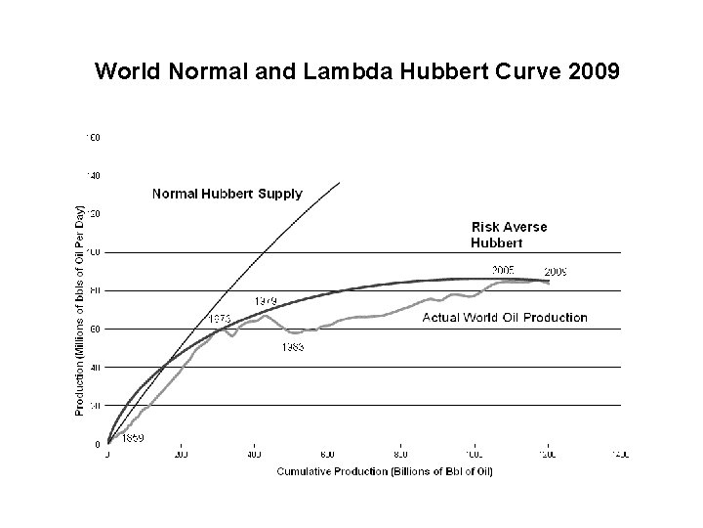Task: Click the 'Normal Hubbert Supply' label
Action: tap(227, 194)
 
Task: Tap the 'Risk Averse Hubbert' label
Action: tap(509, 235)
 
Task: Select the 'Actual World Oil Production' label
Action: tap(505, 317)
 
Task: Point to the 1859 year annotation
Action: tap(133, 438)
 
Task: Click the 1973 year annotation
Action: tap(219, 319)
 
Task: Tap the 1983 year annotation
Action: tap(290, 348)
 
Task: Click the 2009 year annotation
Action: tap(558, 271)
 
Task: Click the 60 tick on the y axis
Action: tap(94, 330)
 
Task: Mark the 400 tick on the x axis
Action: tap(254, 455)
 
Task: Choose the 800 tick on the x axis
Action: tap(400, 455)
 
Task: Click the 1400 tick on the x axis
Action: tap(620, 455)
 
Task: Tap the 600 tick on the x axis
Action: tap(327, 455)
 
